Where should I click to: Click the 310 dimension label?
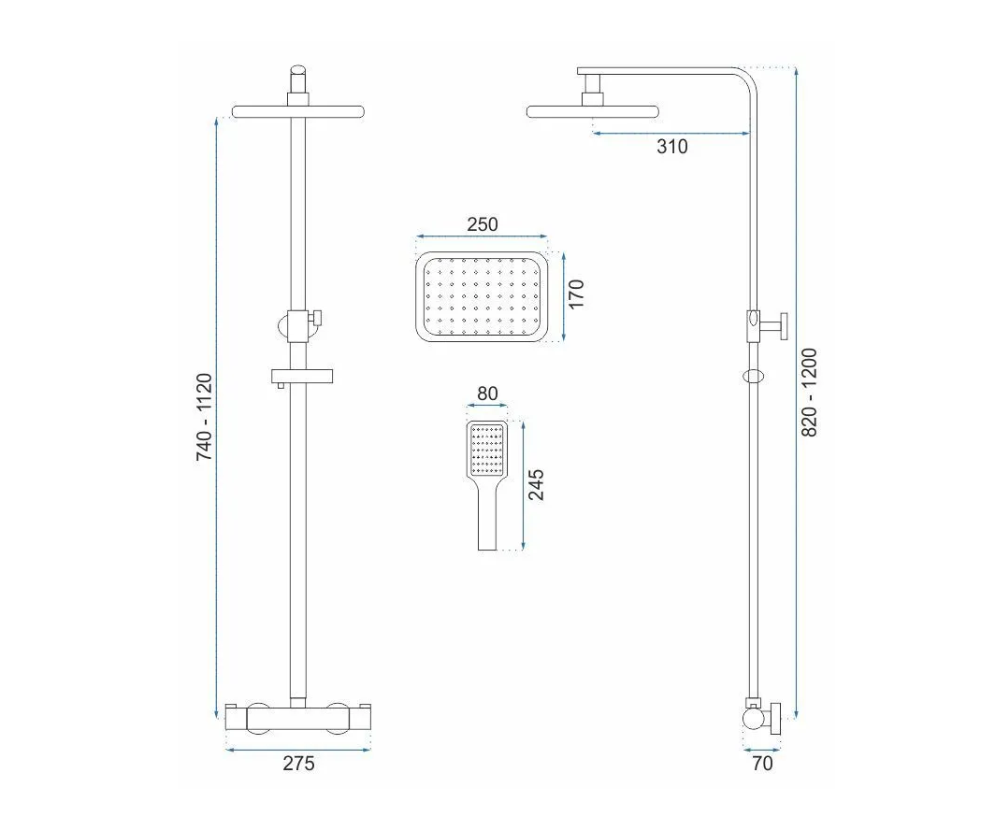(x=672, y=147)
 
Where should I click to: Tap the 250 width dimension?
(x=483, y=224)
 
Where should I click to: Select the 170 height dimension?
(x=576, y=294)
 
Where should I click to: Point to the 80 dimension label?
(x=487, y=394)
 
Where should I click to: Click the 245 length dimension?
(x=537, y=484)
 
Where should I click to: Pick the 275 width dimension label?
(x=298, y=763)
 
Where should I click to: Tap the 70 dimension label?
(x=762, y=763)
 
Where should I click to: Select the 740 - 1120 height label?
(x=204, y=417)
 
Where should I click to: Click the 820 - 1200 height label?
(x=811, y=393)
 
